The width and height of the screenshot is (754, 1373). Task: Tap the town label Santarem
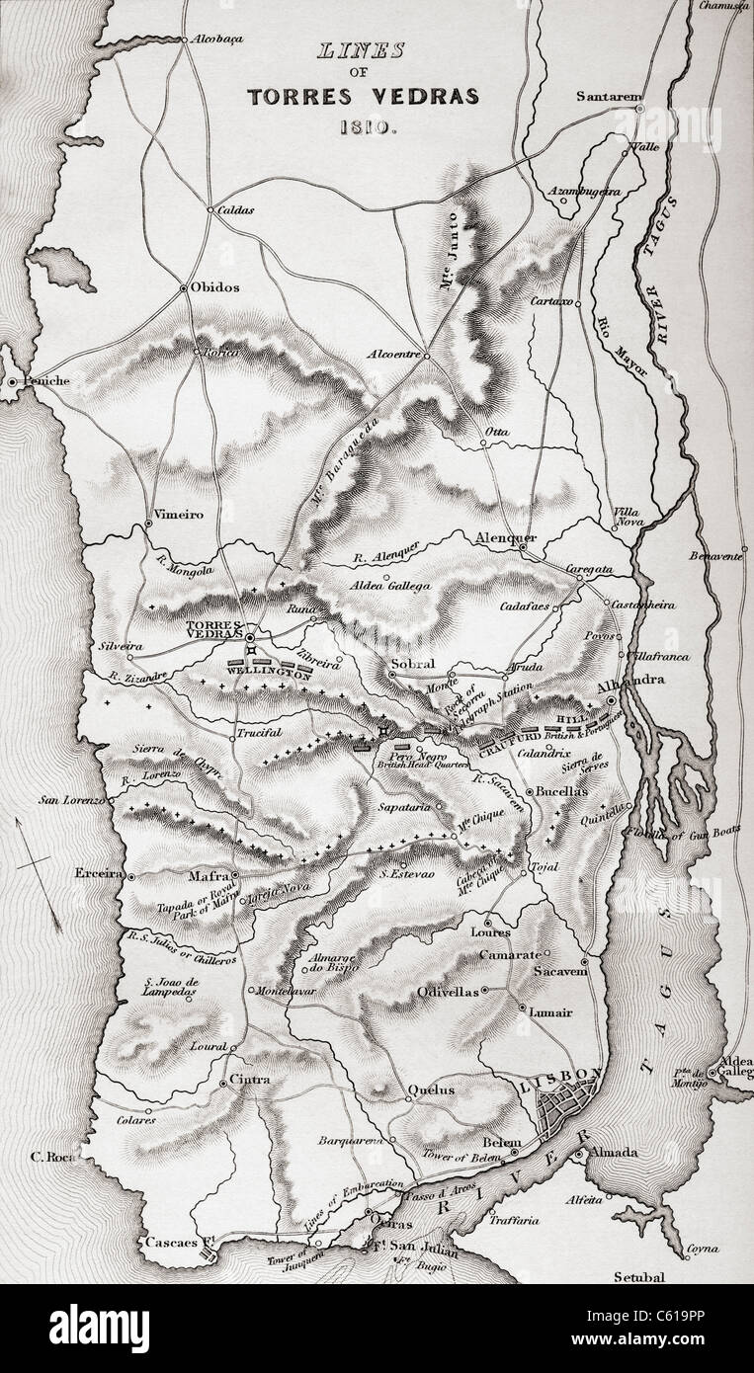[x=605, y=97]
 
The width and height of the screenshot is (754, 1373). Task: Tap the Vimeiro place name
[x=180, y=515]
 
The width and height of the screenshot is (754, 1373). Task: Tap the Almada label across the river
[x=615, y=1153]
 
